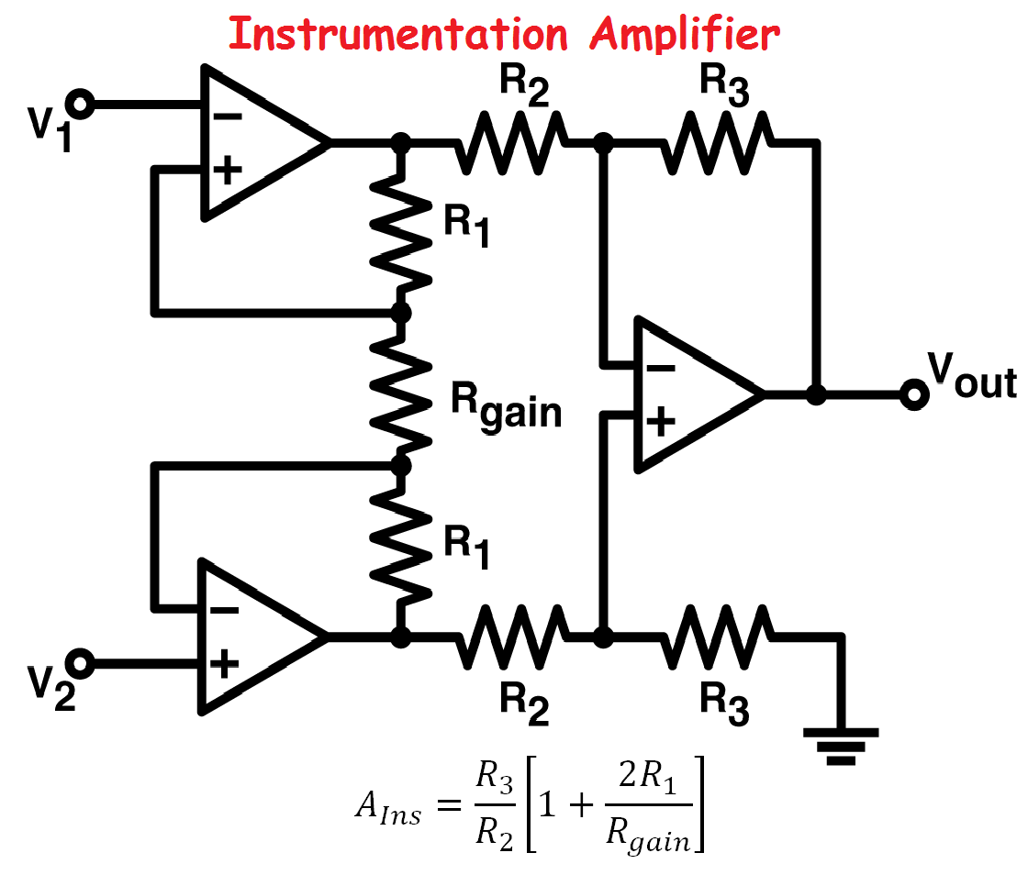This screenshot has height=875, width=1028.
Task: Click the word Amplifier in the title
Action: tap(685, 34)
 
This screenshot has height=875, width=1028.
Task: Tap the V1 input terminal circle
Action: tap(81, 105)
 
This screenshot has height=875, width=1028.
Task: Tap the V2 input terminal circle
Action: tap(81, 662)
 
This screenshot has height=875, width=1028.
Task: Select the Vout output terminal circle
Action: tap(912, 394)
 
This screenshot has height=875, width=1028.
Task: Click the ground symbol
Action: tap(841, 744)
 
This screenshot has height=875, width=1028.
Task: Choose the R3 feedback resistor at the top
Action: tap(721, 143)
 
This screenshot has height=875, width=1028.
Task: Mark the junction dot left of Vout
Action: tap(815, 394)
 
